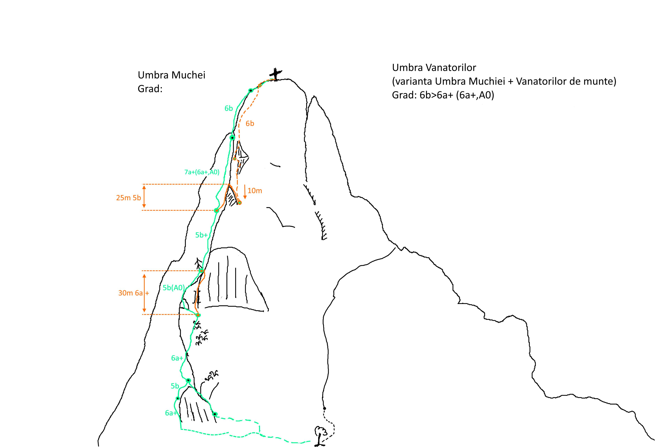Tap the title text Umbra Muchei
(172, 75)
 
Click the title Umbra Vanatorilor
(434, 68)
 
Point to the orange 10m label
(255, 191)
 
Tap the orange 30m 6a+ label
(134, 293)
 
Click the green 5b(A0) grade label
(174, 288)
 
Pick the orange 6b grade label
(250, 123)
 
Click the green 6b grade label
(228, 108)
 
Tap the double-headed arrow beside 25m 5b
(144, 196)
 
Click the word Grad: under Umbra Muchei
(150, 89)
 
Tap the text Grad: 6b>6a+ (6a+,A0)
(443, 95)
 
